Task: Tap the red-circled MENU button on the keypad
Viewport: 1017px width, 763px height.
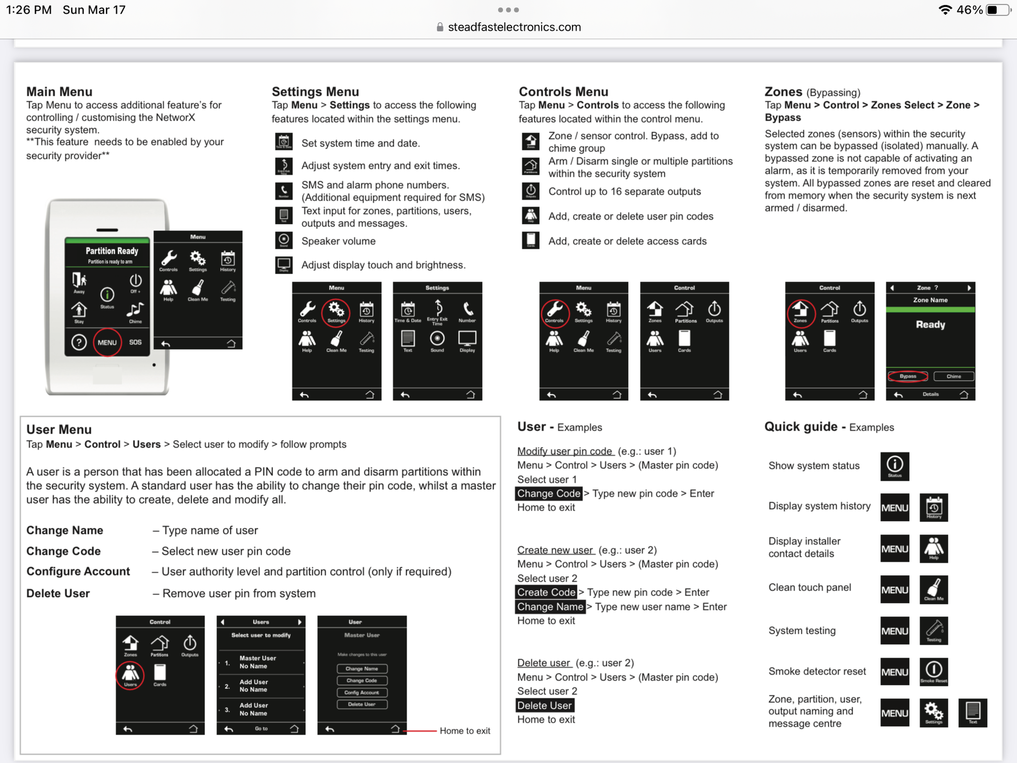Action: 107,342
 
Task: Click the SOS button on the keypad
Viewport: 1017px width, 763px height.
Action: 135,342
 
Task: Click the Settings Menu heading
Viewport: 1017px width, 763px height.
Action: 315,92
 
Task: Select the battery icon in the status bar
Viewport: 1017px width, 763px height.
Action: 997,10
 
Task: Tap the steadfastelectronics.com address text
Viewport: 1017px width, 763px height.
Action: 514,27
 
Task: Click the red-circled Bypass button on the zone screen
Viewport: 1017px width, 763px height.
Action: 908,376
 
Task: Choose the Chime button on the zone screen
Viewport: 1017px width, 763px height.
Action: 953,376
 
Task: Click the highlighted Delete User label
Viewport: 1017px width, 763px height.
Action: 545,706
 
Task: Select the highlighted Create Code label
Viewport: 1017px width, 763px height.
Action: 546,592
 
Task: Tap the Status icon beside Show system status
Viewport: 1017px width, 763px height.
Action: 894,466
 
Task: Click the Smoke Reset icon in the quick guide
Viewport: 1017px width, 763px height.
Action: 934,671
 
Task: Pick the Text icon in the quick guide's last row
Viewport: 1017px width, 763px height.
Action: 972,713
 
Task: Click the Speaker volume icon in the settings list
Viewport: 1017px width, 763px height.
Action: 284,240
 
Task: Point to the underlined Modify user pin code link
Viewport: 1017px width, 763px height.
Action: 565,451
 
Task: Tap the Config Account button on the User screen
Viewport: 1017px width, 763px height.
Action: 362,692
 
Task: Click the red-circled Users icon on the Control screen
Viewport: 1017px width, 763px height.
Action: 130,675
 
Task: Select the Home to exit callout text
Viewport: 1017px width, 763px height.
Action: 465,731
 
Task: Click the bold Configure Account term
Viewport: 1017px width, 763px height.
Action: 78,572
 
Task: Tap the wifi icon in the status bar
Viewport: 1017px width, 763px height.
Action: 945,10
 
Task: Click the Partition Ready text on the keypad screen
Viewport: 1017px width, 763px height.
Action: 112,251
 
